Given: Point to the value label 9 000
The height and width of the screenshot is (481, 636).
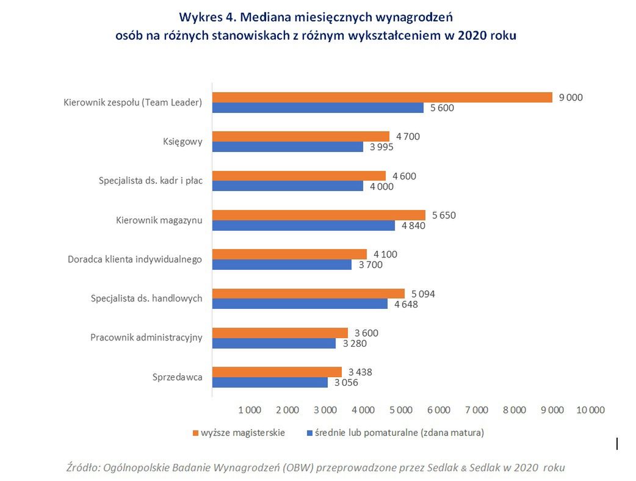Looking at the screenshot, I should pyautogui.click(x=571, y=97).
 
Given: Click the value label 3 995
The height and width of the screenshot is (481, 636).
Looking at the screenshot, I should pyautogui.click(x=381, y=147).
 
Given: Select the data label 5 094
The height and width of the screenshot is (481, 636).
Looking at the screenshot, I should pyautogui.click(x=423, y=294).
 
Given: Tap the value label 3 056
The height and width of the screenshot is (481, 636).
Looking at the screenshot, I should pyautogui.click(x=345, y=383).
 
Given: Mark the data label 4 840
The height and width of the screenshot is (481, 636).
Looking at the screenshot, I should pyautogui.click(x=413, y=226).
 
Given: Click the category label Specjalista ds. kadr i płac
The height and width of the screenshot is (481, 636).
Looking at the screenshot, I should pyautogui.click(x=150, y=181).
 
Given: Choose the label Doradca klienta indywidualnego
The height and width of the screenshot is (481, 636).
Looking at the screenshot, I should pyautogui.click(x=134, y=259).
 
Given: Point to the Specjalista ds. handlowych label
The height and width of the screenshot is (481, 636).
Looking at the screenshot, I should pyautogui.click(x=146, y=298).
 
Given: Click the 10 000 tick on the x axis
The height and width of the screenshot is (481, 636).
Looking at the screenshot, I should pyautogui.click(x=590, y=410).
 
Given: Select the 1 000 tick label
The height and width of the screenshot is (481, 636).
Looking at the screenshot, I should pyautogui.click(x=250, y=410).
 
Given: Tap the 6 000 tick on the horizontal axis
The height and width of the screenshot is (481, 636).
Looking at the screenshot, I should pyautogui.click(x=439, y=410).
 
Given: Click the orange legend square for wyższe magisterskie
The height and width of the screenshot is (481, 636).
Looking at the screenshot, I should pyautogui.click(x=196, y=433).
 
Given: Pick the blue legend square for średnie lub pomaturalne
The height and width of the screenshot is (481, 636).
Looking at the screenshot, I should pyautogui.click(x=310, y=433).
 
